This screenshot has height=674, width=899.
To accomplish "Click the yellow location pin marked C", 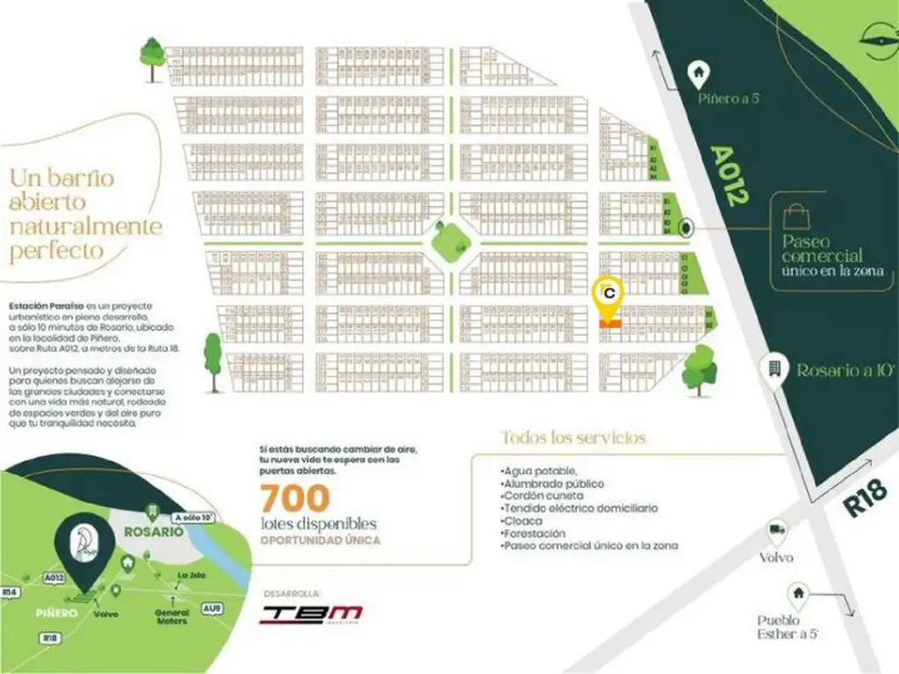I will point(608,295).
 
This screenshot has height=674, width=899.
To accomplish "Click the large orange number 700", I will point(294,498).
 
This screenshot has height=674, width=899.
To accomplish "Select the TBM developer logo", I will point(311,613).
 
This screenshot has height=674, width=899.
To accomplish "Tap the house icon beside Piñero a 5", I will point(699,69).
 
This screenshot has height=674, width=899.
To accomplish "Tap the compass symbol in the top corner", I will point(875,38).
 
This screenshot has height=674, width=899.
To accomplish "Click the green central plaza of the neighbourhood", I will point(450,239).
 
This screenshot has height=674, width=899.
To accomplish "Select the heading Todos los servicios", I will point(573,437).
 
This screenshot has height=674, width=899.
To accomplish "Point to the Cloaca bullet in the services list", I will point(521,520).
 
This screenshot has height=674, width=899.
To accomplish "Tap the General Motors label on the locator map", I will point(172,616).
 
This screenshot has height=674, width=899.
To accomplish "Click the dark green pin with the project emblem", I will point(84,544).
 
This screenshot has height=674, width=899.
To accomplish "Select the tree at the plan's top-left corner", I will point(152,58).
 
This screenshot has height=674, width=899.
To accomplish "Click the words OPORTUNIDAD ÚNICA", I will point(320,540).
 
